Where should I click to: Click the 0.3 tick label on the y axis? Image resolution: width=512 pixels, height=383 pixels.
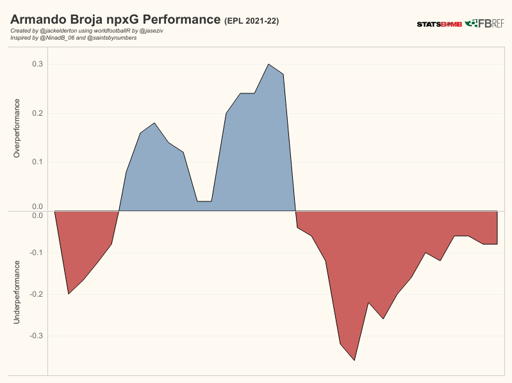tap(37, 64)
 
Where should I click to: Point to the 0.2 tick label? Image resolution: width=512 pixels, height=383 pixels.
tap(37, 113)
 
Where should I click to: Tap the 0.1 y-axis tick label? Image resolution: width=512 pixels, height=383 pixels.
tap(37, 161)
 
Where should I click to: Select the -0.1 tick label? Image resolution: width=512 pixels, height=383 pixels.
tap(35, 253)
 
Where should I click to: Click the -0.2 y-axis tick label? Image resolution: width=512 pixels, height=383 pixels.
tap(35, 294)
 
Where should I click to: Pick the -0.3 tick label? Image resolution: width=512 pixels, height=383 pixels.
tap(35, 336)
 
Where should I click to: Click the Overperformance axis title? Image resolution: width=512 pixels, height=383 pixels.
tap(17, 128)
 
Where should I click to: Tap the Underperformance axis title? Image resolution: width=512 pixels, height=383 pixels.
tap(17, 291)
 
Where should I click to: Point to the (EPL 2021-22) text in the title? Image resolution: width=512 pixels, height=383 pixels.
tap(251, 21)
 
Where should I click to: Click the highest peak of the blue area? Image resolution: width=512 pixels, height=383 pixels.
tap(268, 64)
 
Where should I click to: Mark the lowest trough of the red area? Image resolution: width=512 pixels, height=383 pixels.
tap(354, 361)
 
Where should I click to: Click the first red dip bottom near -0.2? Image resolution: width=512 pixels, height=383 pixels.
tap(69, 293)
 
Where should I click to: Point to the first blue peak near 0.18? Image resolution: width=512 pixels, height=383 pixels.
tap(154, 123)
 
